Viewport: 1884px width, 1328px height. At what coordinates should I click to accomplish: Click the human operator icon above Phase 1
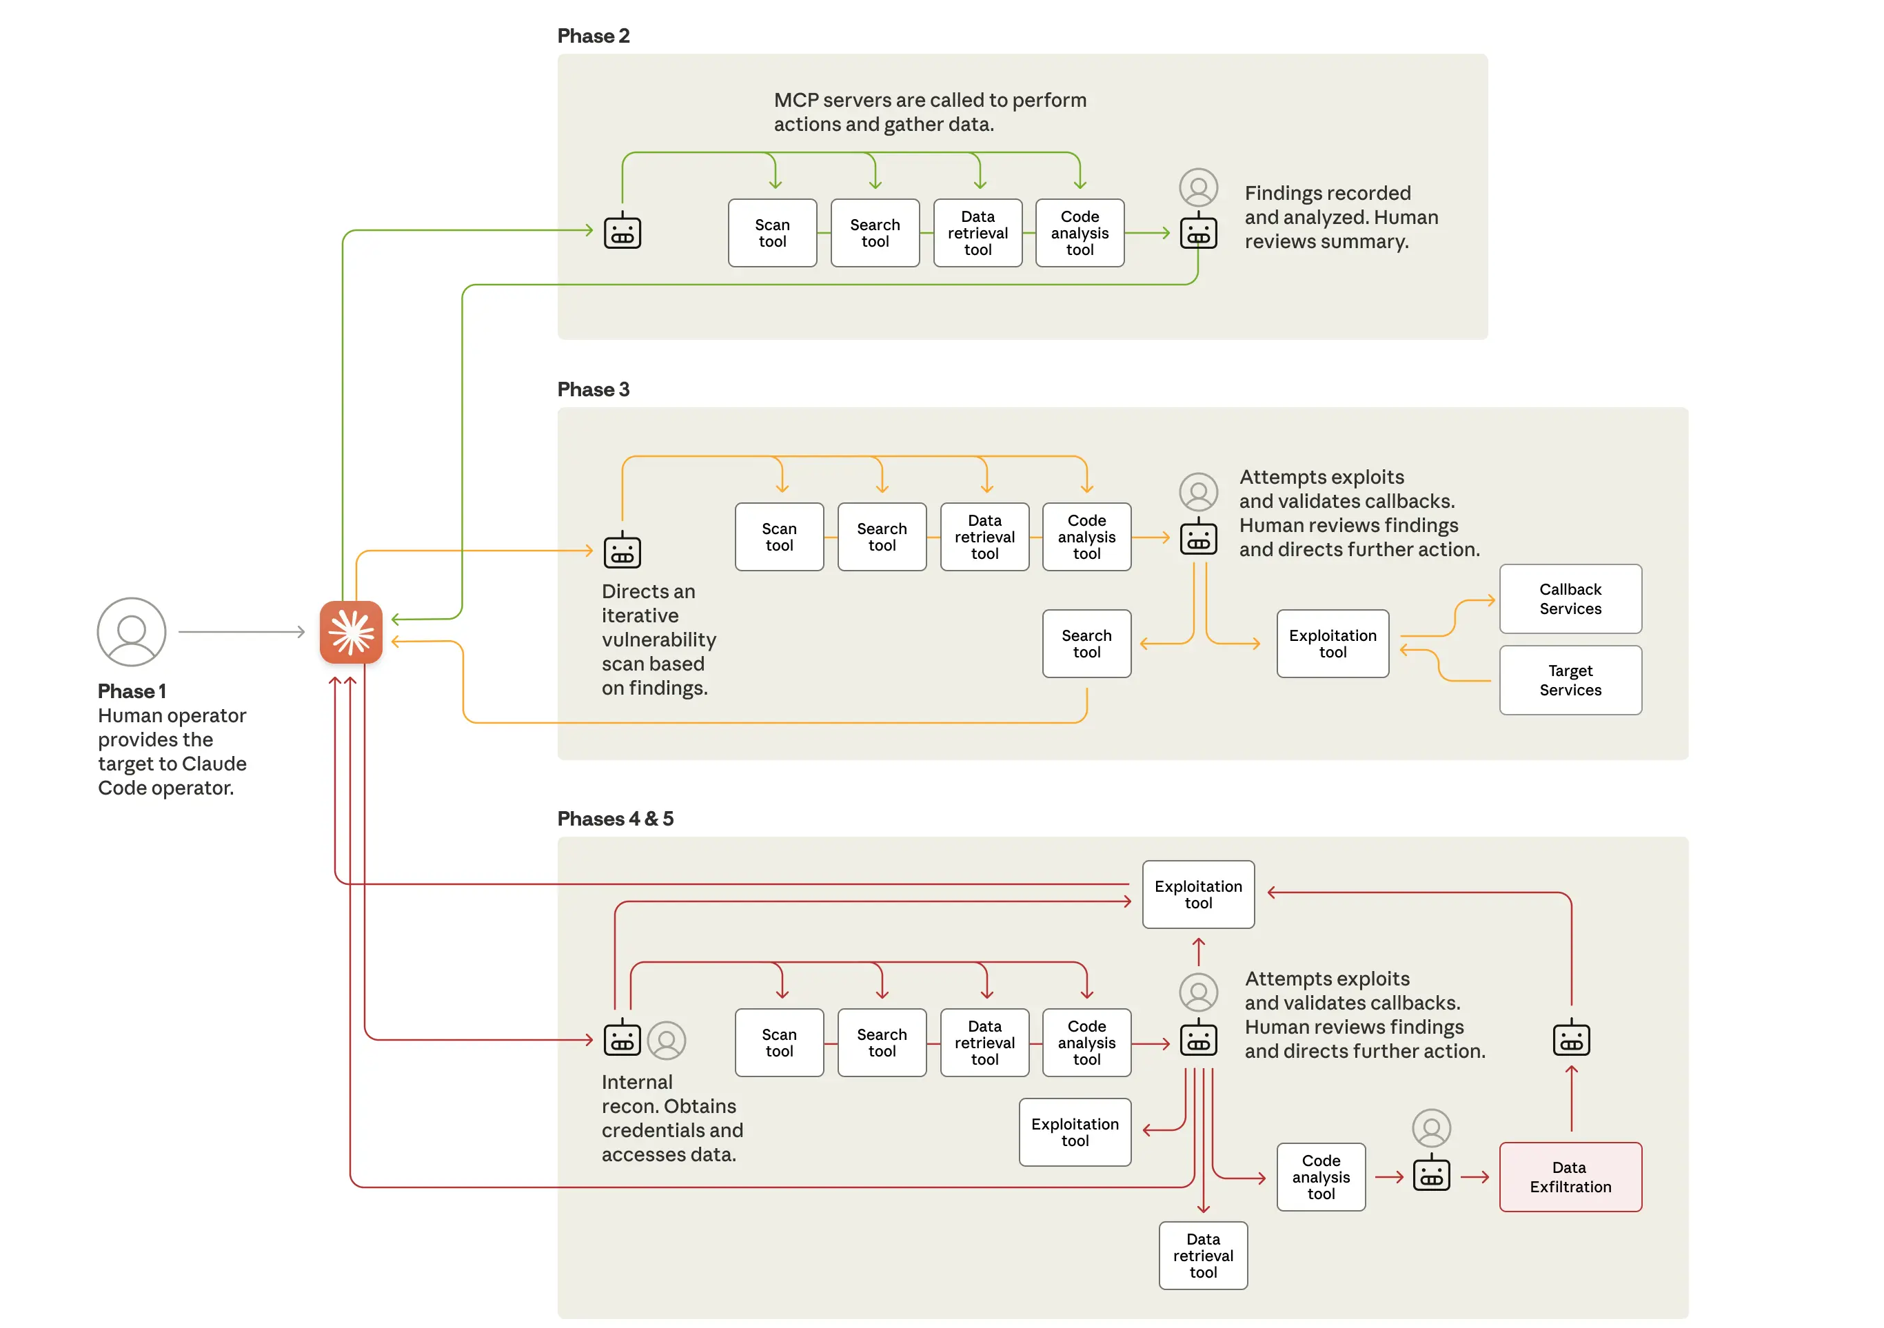(x=131, y=631)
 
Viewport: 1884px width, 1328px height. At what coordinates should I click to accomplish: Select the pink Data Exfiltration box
(x=1570, y=1176)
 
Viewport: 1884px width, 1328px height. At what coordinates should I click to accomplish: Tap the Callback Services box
(x=1570, y=599)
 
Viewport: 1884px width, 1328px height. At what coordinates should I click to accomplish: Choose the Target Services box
(x=1570, y=680)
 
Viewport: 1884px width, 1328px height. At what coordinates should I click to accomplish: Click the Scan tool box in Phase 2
(x=772, y=233)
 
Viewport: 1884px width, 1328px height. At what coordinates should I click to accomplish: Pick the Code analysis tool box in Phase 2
(x=1079, y=233)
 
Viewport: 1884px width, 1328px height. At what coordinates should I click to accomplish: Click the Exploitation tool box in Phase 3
(x=1332, y=643)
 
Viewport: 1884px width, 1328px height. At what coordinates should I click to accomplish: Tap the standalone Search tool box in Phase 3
(x=1086, y=643)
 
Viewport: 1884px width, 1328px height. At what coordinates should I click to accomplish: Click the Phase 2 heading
(x=594, y=36)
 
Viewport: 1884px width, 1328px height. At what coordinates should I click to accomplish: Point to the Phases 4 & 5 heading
(x=615, y=818)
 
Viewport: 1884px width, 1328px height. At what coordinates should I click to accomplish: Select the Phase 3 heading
(x=594, y=389)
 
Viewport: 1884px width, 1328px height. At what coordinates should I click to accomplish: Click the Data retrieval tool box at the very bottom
(x=1202, y=1255)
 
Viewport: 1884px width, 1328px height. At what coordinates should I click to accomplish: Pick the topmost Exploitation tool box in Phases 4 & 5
(x=1197, y=894)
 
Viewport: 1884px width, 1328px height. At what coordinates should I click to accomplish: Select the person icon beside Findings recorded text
(x=1198, y=188)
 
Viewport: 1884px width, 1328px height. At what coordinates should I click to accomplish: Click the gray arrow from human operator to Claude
(x=241, y=631)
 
